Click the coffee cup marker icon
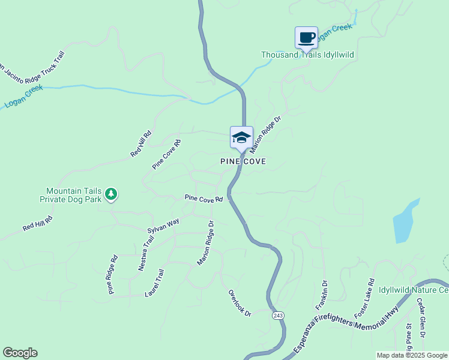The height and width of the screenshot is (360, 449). [306, 37]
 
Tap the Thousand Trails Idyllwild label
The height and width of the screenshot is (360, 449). [307, 55]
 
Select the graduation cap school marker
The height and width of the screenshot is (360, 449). [241, 137]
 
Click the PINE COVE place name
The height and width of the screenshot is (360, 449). [243, 161]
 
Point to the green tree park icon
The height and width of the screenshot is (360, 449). [110, 194]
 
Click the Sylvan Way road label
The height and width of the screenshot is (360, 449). [163, 226]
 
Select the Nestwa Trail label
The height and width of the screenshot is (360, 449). [146, 253]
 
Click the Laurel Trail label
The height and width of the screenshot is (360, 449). [154, 283]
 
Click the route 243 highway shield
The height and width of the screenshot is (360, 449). [277, 316]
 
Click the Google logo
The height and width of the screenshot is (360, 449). [20, 353]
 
